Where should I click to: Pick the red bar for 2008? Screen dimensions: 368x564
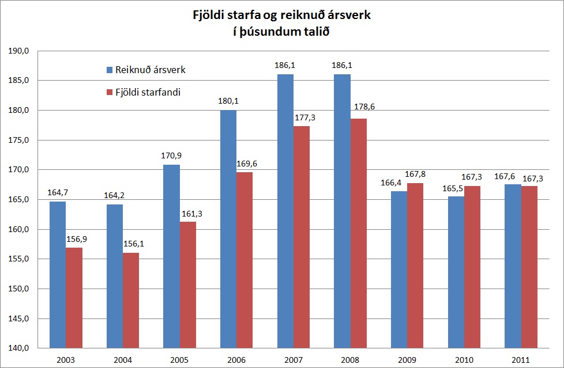pos(358,233)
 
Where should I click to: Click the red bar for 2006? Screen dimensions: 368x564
pos(245,260)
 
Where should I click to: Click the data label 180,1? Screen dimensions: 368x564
pos(228,101)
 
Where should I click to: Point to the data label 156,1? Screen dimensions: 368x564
pos(134,244)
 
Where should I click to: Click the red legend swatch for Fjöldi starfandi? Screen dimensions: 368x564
pos(110,92)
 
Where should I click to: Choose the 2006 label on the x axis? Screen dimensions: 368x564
pos(236,360)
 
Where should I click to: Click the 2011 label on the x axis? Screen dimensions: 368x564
pos(521,360)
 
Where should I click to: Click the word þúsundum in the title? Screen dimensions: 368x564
pos(266,32)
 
